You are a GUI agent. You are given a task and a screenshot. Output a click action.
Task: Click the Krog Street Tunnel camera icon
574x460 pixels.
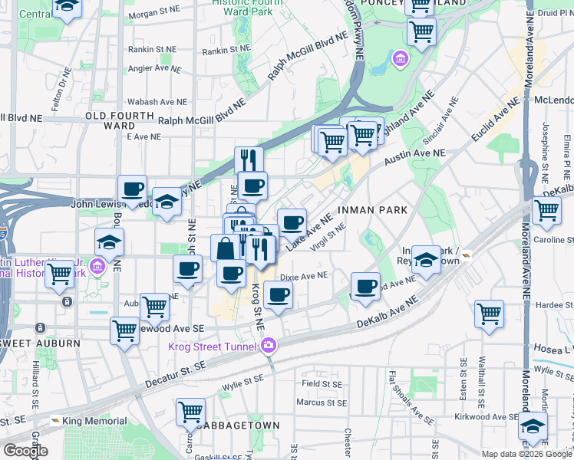point(269,346)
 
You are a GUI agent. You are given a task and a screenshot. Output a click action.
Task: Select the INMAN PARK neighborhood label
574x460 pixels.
point(371,209)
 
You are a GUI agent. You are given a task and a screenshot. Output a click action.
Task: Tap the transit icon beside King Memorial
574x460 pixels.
point(55,421)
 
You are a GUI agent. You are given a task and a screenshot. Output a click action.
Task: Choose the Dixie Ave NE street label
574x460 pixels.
point(304,276)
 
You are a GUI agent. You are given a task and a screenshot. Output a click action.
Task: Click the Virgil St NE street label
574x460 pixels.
point(329,236)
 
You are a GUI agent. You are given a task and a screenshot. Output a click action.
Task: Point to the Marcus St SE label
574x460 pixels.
point(321,402)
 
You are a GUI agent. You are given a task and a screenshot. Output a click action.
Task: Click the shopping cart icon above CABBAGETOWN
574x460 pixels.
point(190,412)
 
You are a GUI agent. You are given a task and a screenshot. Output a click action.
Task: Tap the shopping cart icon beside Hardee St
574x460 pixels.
point(489,314)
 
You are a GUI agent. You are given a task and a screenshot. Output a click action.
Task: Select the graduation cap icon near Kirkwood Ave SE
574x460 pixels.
point(532,426)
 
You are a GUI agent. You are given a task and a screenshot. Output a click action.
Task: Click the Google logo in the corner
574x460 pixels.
point(25,451)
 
